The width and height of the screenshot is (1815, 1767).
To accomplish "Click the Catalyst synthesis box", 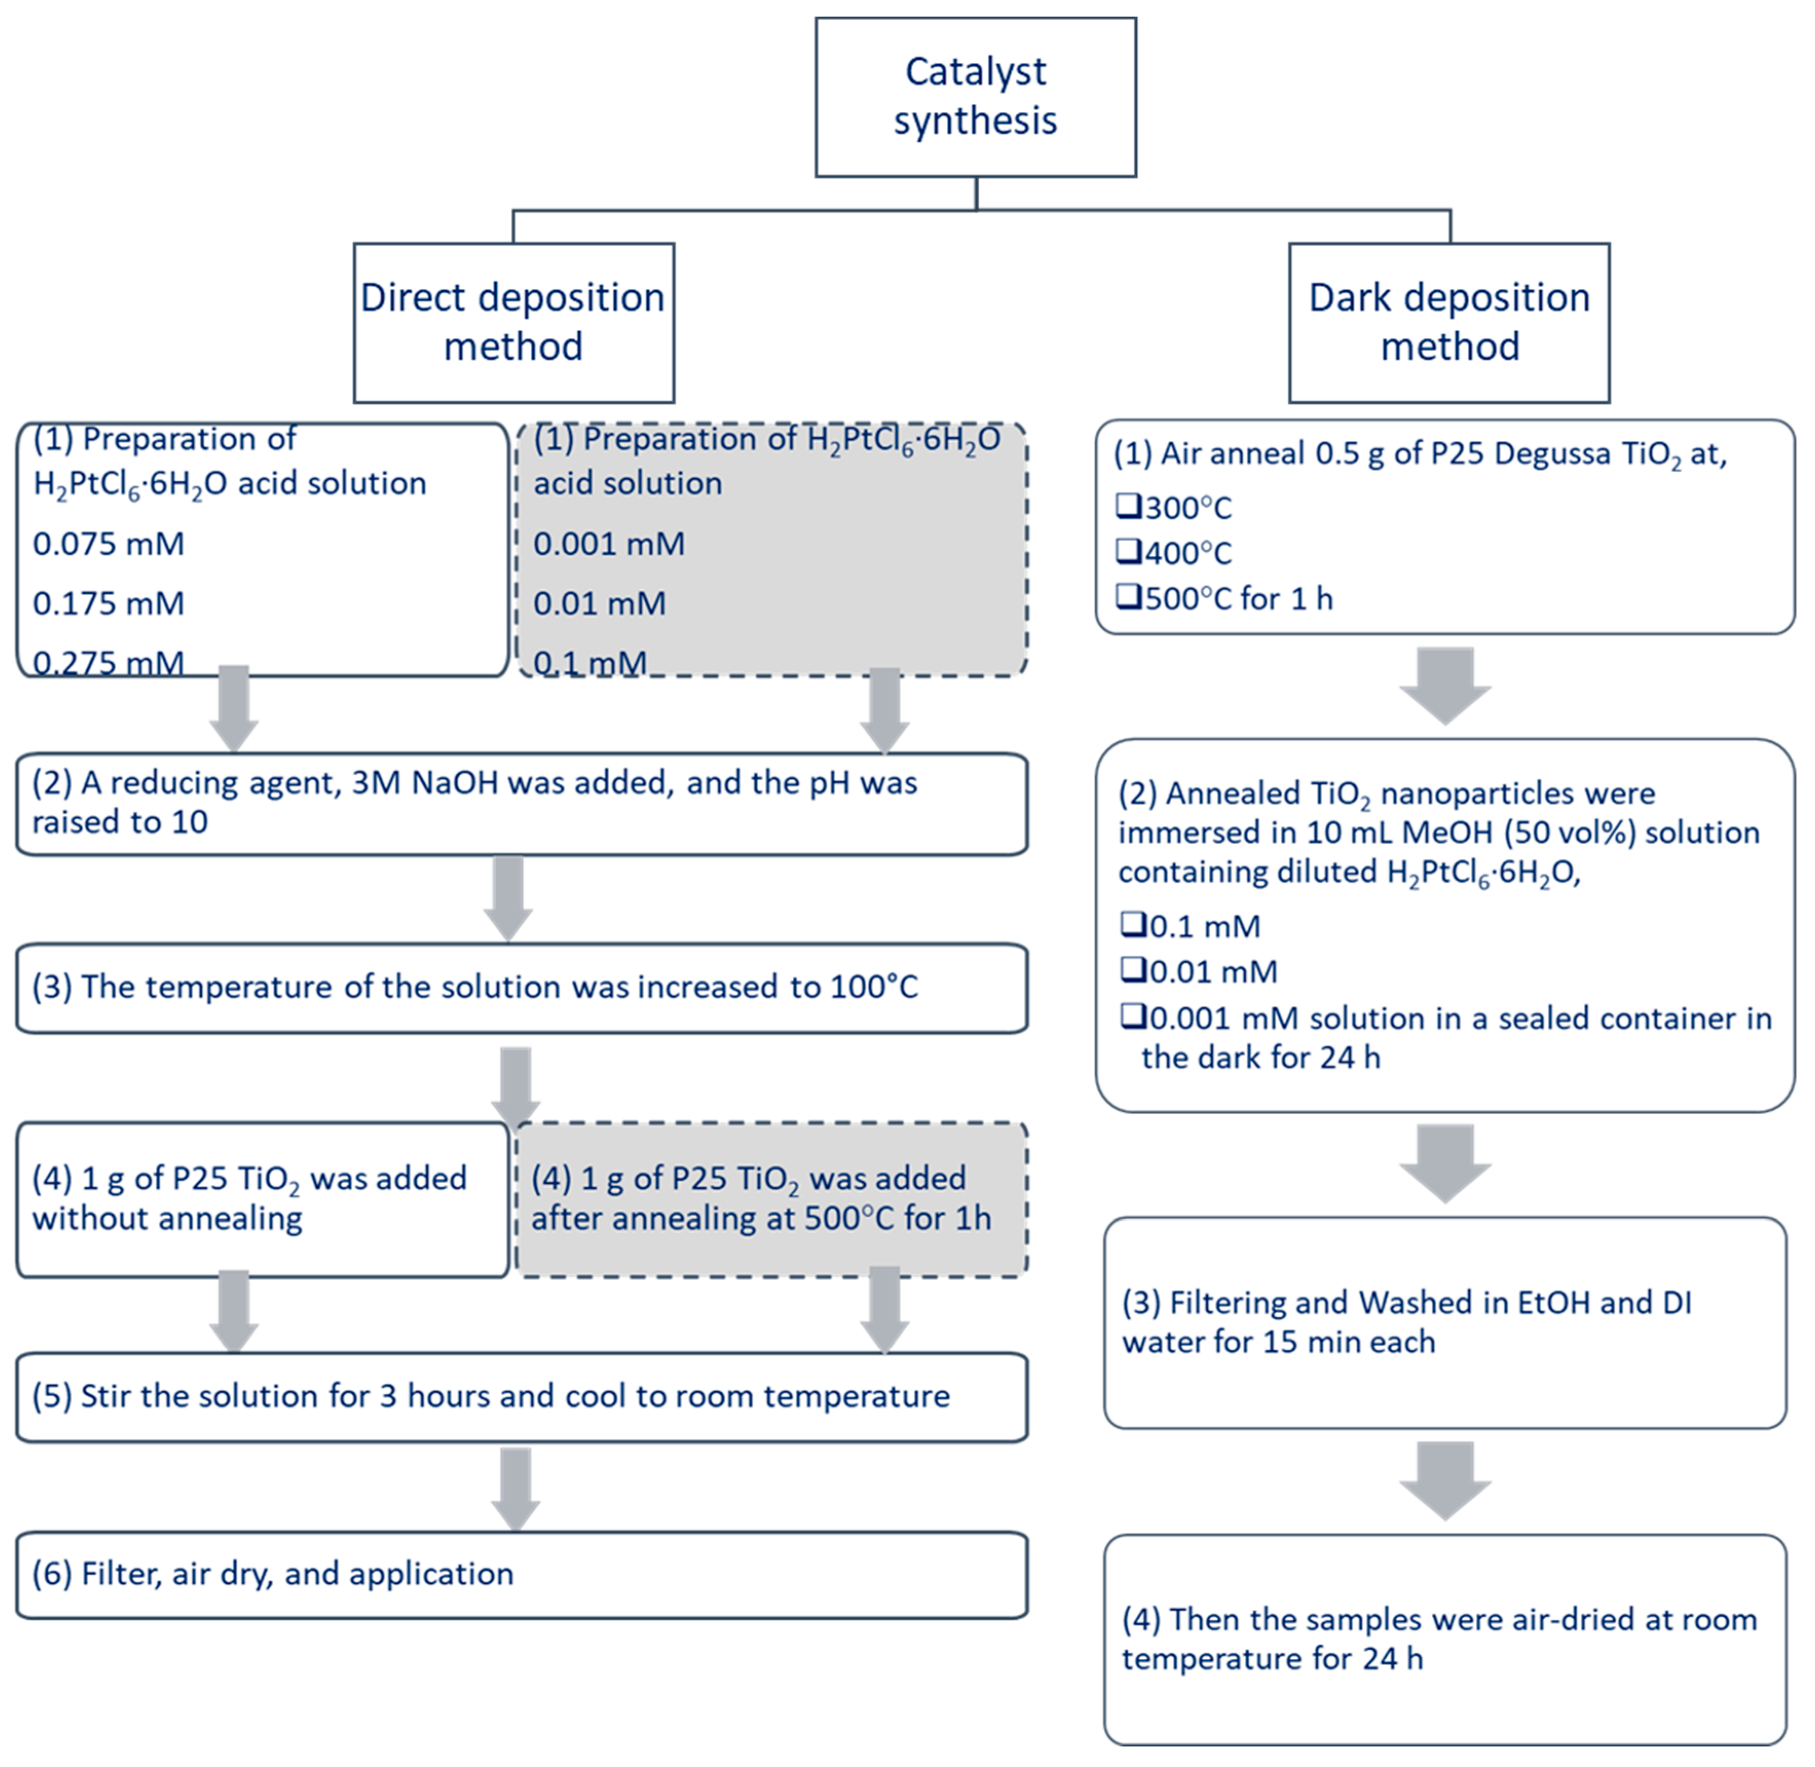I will (x=975, y=97).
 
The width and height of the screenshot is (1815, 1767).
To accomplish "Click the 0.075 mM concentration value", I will (x=108, y=544).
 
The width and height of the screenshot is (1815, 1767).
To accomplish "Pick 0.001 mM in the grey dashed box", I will (x=609, y=544).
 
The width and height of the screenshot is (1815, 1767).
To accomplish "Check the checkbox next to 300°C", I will (x=1128, y=506).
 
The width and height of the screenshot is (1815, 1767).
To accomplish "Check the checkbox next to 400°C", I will (x=1128, y=552).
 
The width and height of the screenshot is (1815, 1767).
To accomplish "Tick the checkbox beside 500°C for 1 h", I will (x=1128, y=598).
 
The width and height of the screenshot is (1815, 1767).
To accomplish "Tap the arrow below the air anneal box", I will (x=1445, y=685).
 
